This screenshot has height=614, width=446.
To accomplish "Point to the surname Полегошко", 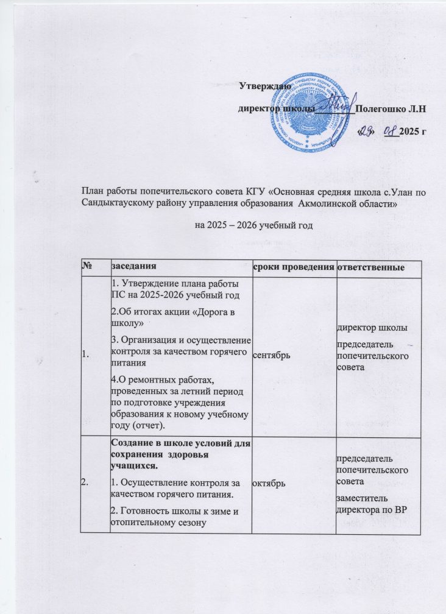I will coord(378,109).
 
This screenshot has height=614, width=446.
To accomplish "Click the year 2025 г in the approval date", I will coord(413,132).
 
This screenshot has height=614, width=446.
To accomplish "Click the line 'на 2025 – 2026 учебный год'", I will coord(253,226).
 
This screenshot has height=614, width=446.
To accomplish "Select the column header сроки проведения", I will coord(294,267).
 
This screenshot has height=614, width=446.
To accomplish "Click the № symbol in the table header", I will coord(85,267).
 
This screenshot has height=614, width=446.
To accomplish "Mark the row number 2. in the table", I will coord(85,482).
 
